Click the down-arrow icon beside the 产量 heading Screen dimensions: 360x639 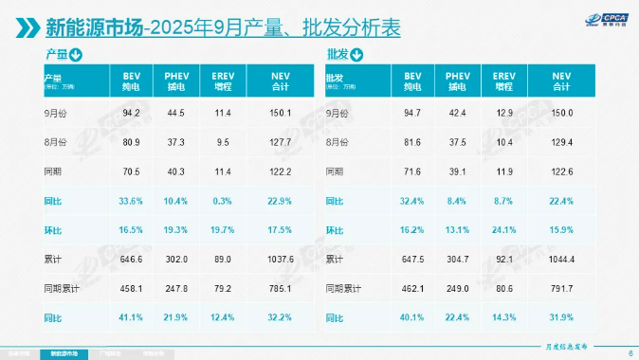(76, 54)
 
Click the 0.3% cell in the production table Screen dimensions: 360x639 (224, 201)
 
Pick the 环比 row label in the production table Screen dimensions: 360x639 (52, 229)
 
